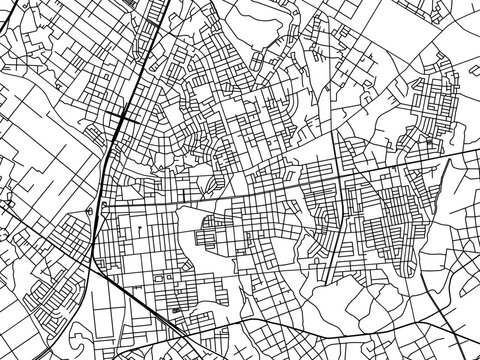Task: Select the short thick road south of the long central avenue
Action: (x=330, y=240)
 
